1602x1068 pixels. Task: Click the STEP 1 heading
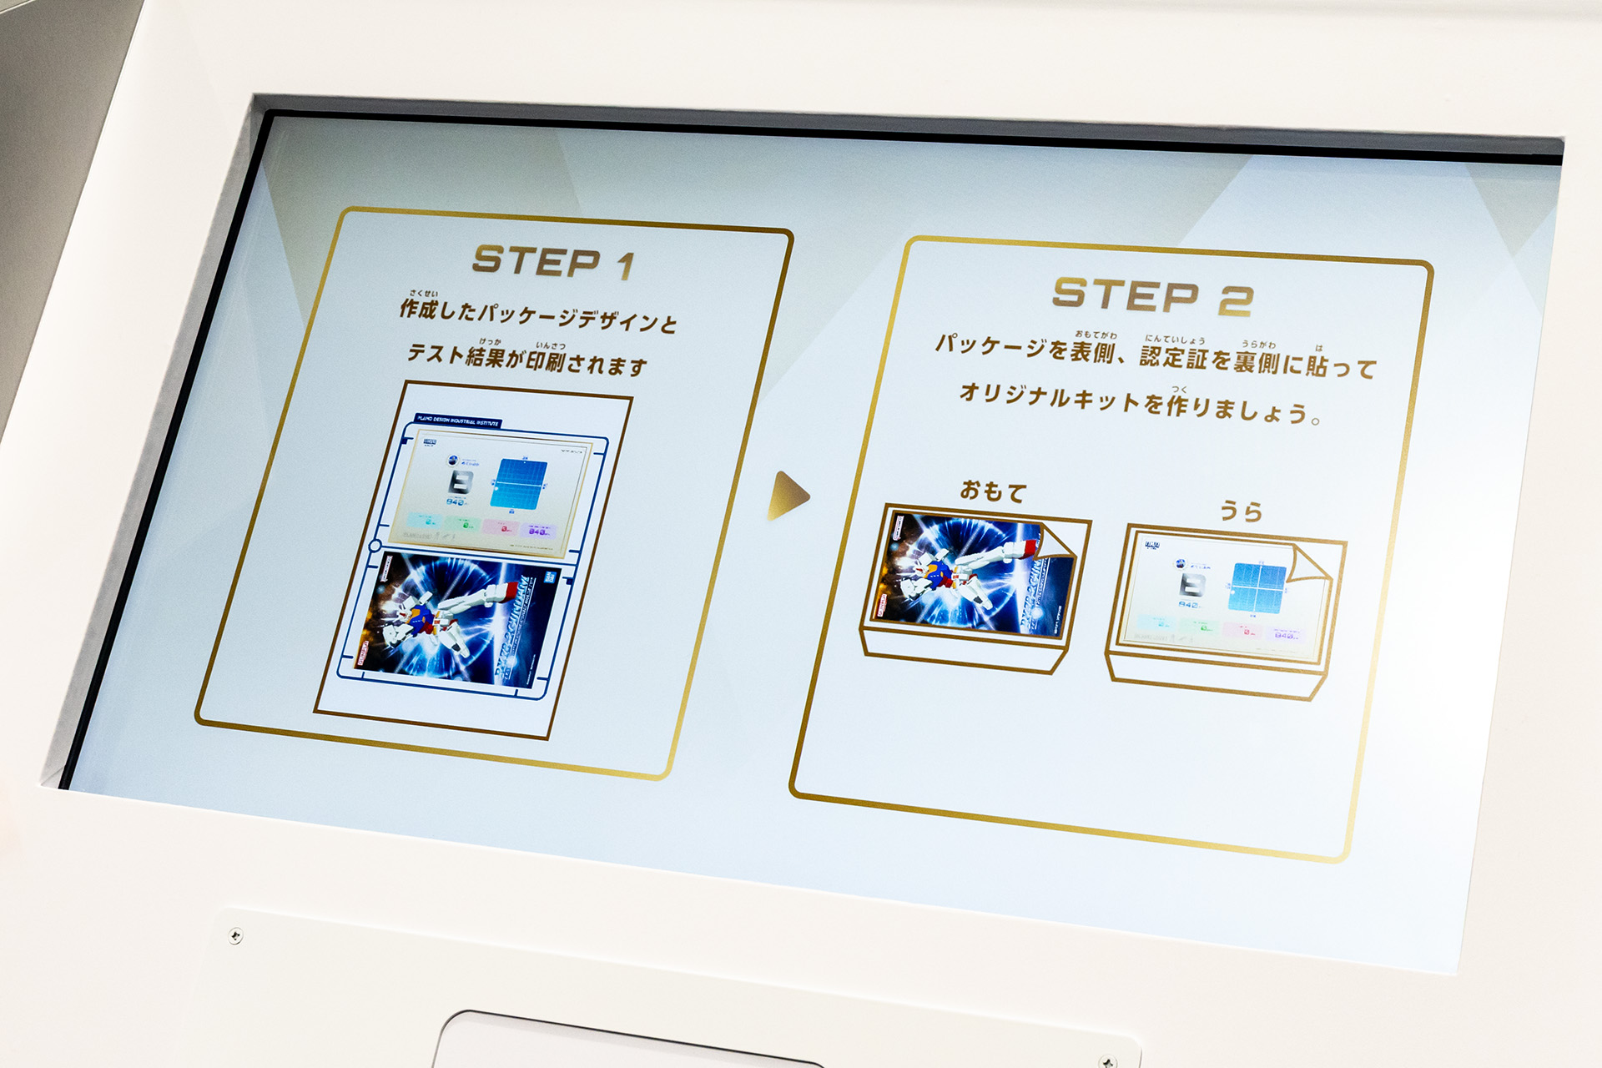coord(553,262)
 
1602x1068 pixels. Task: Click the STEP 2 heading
coord(1151,296)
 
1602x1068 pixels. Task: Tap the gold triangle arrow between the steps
coord(787,496)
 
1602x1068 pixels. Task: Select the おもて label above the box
coord(992,491)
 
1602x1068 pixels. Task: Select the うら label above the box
coord(1241,511)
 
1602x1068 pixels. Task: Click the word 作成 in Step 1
coord(418,309)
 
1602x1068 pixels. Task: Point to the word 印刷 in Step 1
coord(547,360)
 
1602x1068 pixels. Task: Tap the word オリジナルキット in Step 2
coord(1049,396)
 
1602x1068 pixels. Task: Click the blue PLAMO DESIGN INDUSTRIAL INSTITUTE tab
coord(458,422)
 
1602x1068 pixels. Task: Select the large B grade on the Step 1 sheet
coord(461,482)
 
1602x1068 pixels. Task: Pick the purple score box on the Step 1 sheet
coord(538,530)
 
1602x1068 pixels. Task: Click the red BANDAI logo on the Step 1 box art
coord(550,576)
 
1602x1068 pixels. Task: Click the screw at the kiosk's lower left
coord(235,936)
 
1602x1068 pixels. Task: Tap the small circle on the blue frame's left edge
coord(375,546)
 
